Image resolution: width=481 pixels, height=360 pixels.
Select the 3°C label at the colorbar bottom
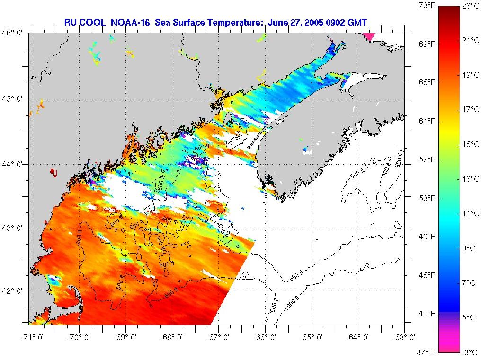point(471,352)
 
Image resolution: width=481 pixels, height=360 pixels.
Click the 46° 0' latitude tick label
point(14,33)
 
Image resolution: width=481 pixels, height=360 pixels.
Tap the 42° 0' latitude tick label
point(14,290)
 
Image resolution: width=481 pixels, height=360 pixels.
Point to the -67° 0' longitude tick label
point(219,337)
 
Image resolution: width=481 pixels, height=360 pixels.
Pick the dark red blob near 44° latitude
point(53,173)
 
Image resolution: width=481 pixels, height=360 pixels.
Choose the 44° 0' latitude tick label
point(14,164)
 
